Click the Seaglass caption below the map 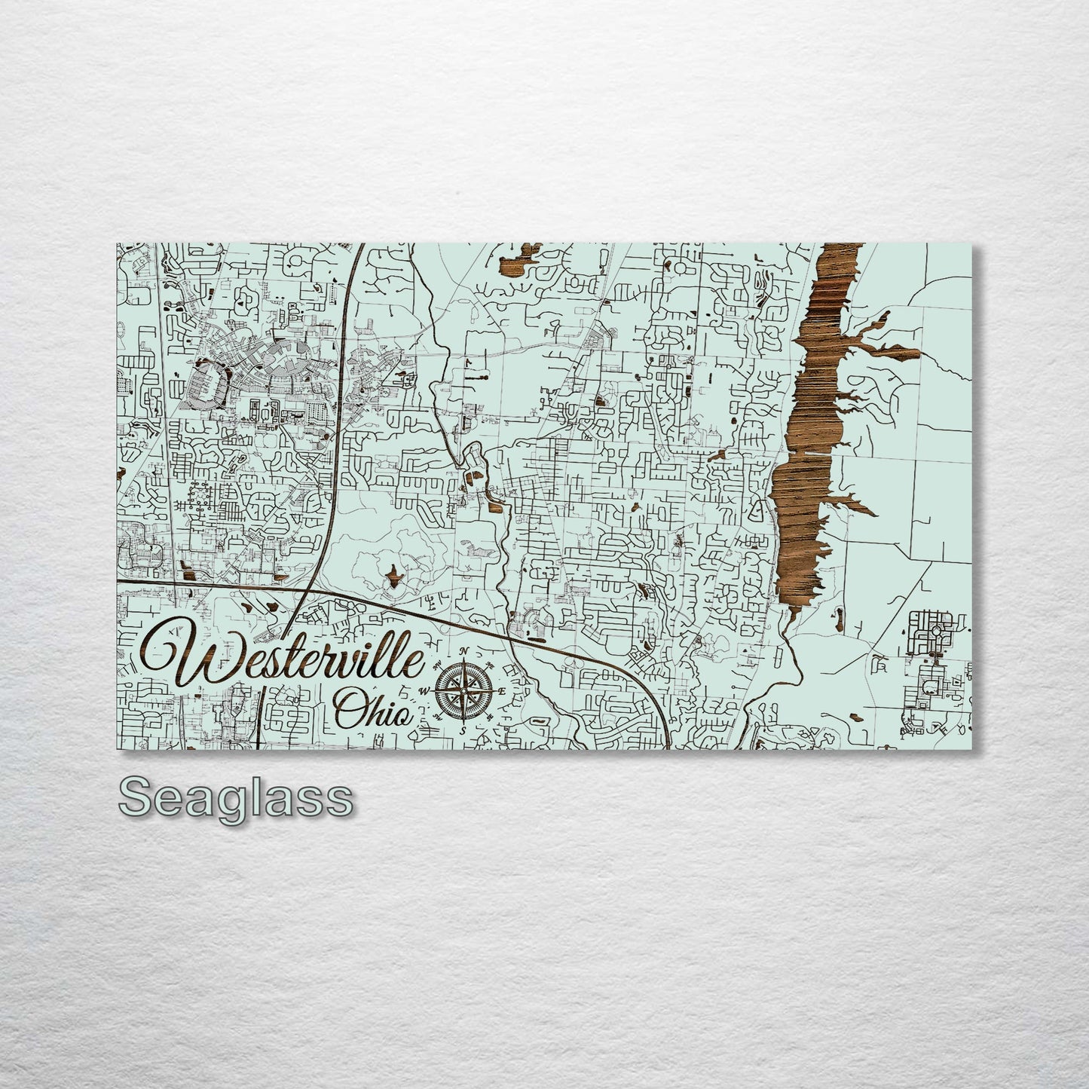235,797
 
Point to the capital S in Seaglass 133,797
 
